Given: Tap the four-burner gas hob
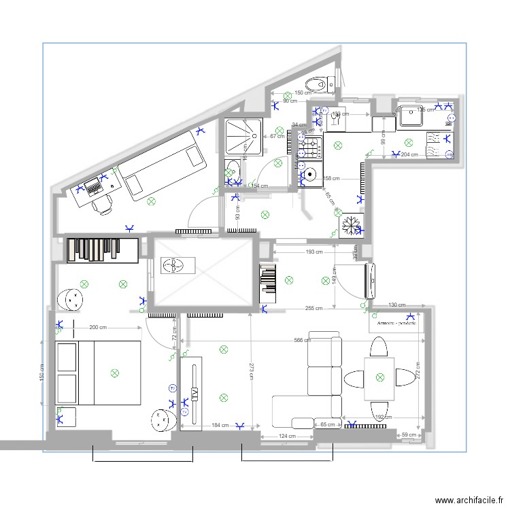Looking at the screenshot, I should pos(311,148).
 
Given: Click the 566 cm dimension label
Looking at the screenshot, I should pos(303,341).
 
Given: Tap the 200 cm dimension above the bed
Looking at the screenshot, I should pos(99,327).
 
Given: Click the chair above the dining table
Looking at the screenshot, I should pos(379,348).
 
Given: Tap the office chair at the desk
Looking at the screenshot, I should pos(103,203).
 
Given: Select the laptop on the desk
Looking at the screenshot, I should pos(92,186).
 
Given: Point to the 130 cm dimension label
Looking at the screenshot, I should pos(396,305).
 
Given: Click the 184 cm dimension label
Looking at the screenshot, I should pos(220,426).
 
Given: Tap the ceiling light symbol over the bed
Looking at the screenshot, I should pos(114,372).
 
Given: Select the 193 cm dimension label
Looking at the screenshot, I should pos(314,252).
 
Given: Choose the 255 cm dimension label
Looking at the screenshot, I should pos(314,308).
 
